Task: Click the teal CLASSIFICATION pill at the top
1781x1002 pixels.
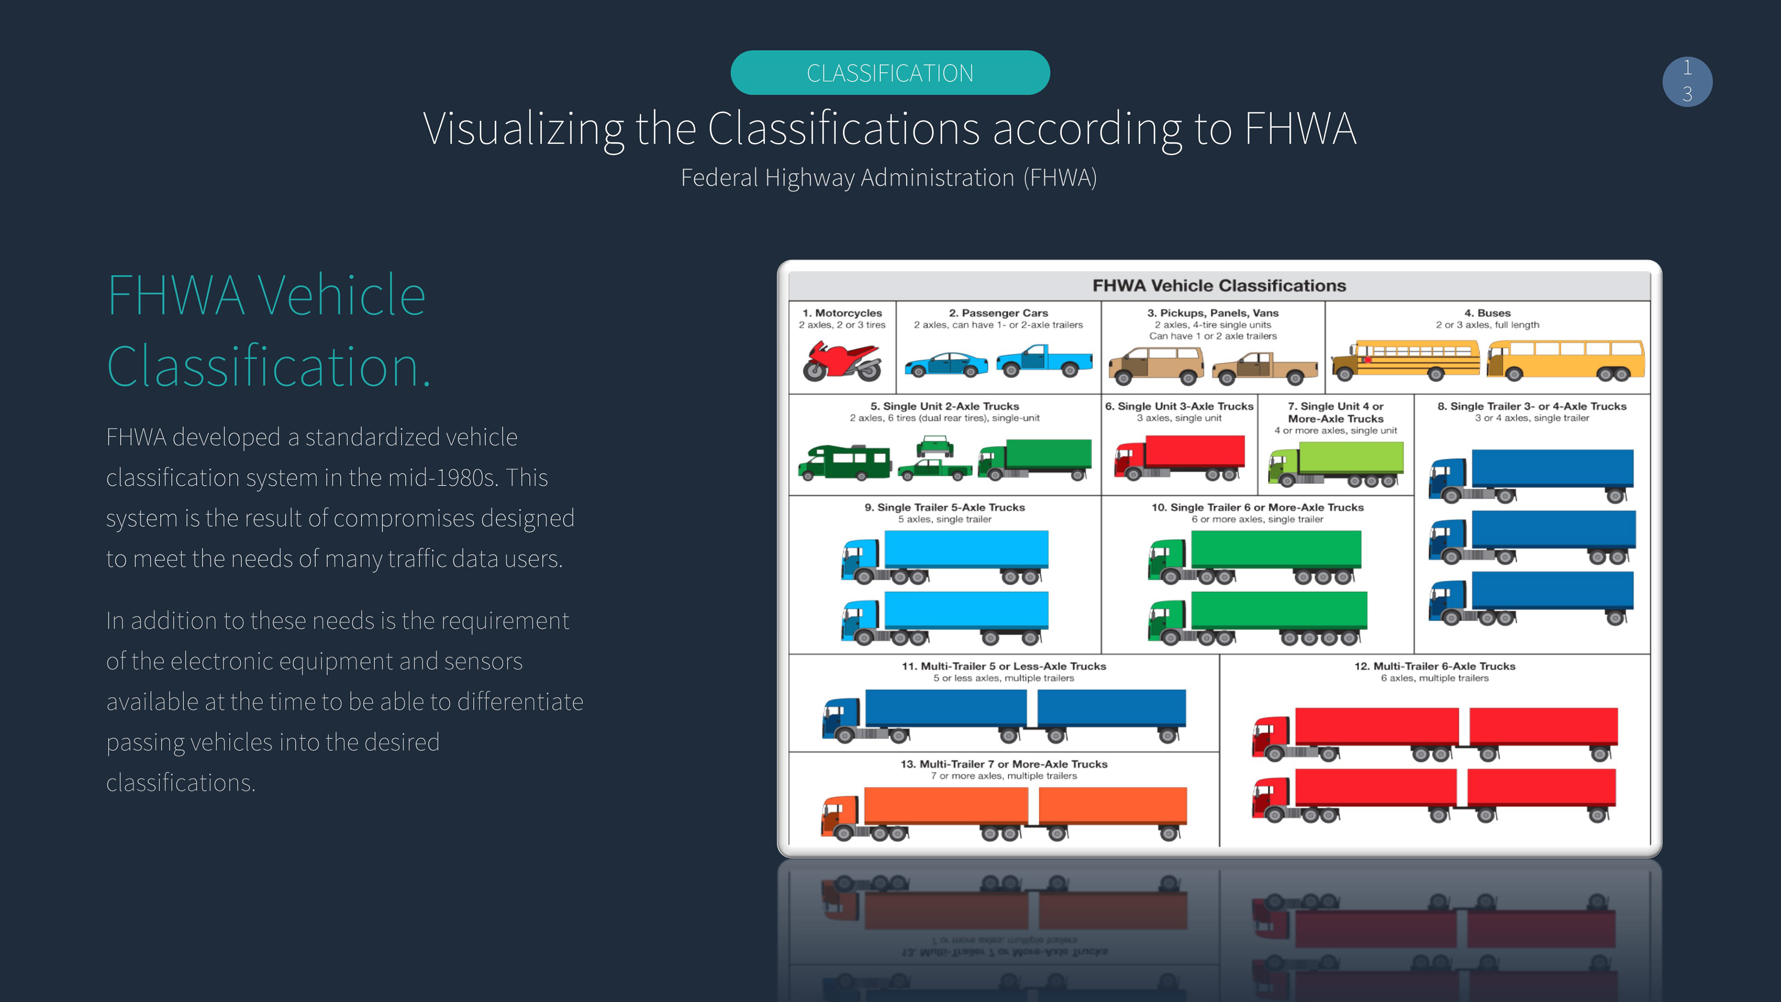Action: click(890, 73)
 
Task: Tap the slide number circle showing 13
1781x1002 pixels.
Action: click(1687, 82)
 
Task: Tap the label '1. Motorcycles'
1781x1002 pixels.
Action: click(842, 313)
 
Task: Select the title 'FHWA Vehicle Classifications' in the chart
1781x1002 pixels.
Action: click(1219, 286)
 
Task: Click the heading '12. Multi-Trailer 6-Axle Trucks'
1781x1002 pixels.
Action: click(1435, 666)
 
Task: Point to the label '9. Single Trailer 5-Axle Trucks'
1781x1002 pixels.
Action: click(944, 507)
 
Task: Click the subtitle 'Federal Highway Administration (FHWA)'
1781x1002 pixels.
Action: click(889, 178)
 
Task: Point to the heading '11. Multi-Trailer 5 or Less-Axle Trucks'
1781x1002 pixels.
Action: click(1004, 666)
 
